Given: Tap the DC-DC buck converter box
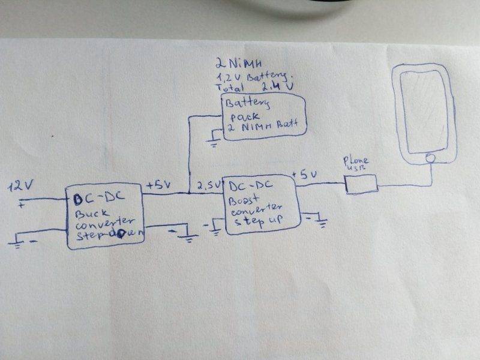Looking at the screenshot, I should [x=105, y=217].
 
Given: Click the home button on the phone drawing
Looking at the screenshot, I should [x=430, y=159].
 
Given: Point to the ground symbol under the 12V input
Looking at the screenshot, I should [x=18, y=242].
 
